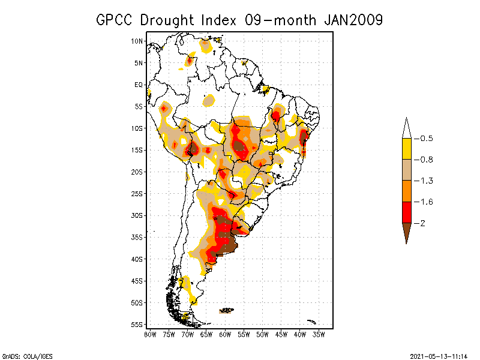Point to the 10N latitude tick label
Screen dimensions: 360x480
(137, 41)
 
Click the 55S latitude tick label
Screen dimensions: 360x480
(137, 325)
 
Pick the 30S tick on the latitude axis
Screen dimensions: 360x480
(137, 215)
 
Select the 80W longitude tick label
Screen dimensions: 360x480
(150, 334)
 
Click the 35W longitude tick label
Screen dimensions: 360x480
(319, 334)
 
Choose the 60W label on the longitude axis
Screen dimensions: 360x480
(225, 334)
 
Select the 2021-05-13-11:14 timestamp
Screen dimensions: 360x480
(438, 356)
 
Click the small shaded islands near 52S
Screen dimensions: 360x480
(226, 311)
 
